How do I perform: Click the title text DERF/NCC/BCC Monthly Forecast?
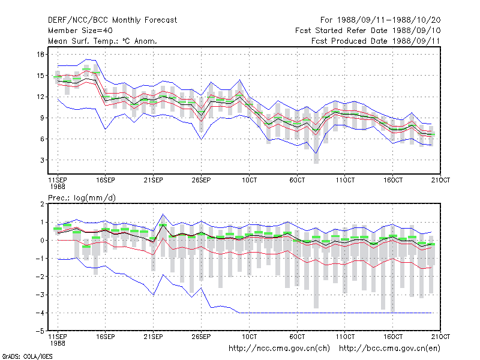[x=112, y=20]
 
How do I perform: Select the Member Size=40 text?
[x=80, y=31]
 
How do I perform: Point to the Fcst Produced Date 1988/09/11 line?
[x=376, y=41]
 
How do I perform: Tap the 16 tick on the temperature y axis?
[x=40, y=55]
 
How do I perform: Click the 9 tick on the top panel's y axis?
[x=42, y=118]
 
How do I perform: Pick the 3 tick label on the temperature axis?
[x=42, y=160]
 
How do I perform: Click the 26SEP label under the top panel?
[x=201, y=180]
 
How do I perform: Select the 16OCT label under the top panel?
[x=393, y=180]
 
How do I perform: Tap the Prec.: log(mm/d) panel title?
[x=82, y=198]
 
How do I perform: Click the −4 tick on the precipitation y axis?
[x=40, y=313]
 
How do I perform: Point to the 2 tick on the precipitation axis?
[x=42, y=204]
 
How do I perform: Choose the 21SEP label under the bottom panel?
[x=153, y=337]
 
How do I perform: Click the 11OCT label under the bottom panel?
[x=345, y=337]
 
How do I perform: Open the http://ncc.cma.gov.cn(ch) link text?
[x=279, y=349]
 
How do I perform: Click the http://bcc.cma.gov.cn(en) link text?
[x=389, y=349]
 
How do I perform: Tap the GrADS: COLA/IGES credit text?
[x=27, y=356]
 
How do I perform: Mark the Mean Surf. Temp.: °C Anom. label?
[x=103, y=41]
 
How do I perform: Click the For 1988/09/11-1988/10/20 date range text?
[x=380, y=20]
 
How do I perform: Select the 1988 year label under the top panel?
[x=58, y=187]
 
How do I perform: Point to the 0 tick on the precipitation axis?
[x=42, y=241]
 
